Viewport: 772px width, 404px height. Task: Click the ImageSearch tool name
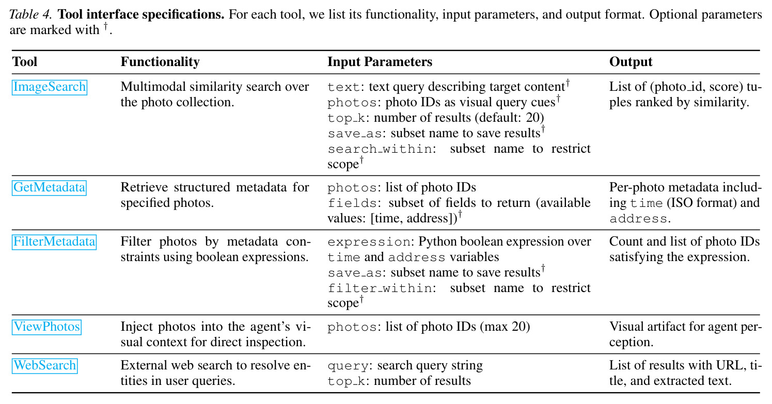tap(49, 87)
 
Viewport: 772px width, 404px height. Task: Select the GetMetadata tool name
tap(49, 188)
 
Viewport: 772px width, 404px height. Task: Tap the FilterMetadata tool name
tap(54, 242)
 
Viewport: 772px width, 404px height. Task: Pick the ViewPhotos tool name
tap(46, 327)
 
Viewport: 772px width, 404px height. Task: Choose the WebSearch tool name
tap(44, 365)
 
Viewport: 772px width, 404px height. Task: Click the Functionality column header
tap(160, 62)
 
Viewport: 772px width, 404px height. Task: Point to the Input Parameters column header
tap(380, 62)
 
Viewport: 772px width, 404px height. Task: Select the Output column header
tap(631, 62)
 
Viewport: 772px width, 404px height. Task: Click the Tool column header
tap(24, 62)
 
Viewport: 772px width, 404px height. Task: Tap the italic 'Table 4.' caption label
tap(30, 14)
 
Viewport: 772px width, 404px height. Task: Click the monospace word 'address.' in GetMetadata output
tap(640, 219)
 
